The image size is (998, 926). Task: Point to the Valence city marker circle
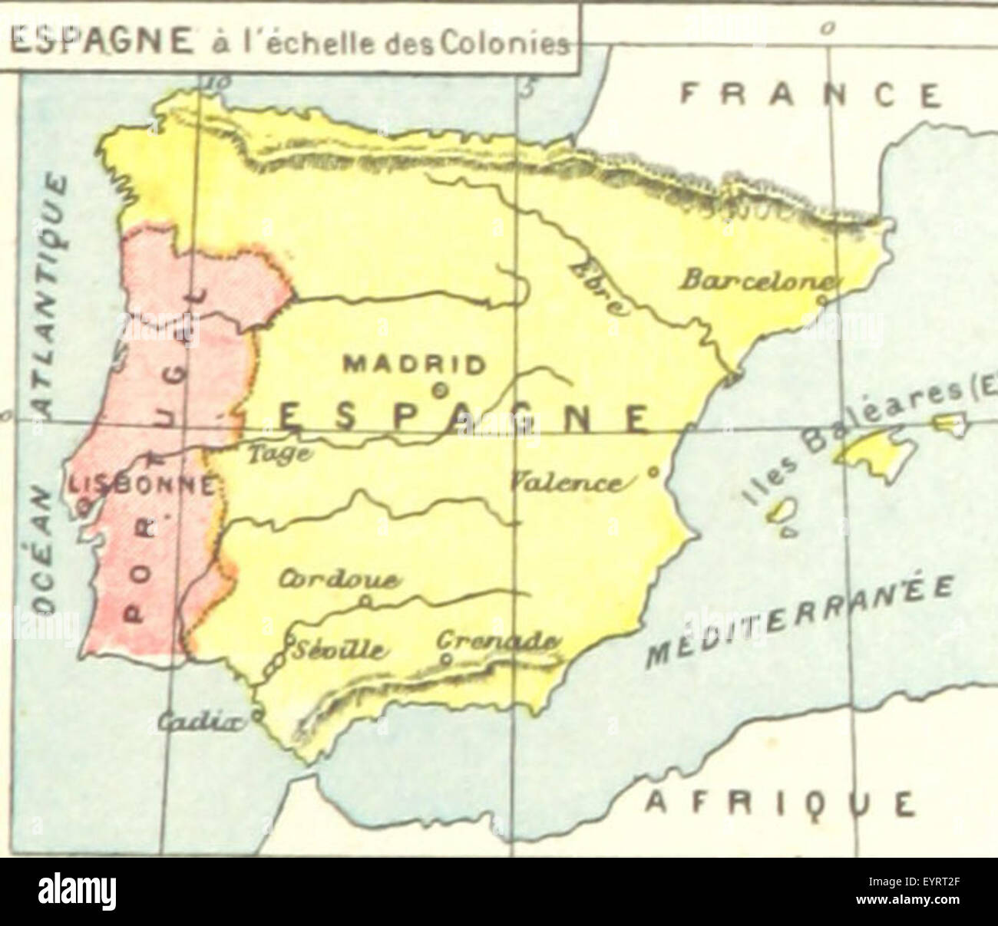653,473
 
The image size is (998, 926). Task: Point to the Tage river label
279,454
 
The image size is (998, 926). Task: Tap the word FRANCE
811,95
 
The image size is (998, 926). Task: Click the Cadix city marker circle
257,715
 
